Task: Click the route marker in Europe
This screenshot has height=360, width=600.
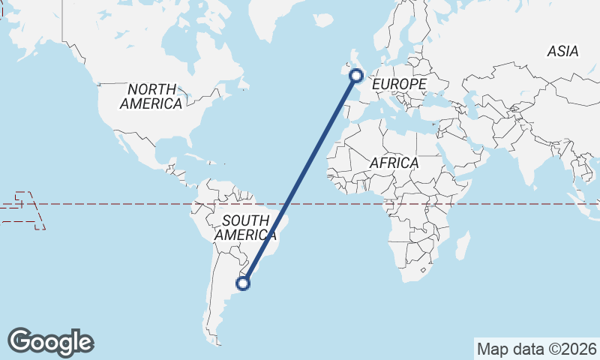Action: (356, 75)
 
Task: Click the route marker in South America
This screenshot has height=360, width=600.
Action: (243, 283)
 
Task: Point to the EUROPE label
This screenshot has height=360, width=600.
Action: (399, 85)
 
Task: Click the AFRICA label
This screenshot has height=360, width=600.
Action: (394, 163)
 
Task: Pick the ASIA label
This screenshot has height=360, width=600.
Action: (562, 51)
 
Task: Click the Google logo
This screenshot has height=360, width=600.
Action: (50, 342)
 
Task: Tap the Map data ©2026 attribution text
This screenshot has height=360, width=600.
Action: (537, 349)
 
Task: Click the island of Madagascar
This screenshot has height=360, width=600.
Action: (463, 245)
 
